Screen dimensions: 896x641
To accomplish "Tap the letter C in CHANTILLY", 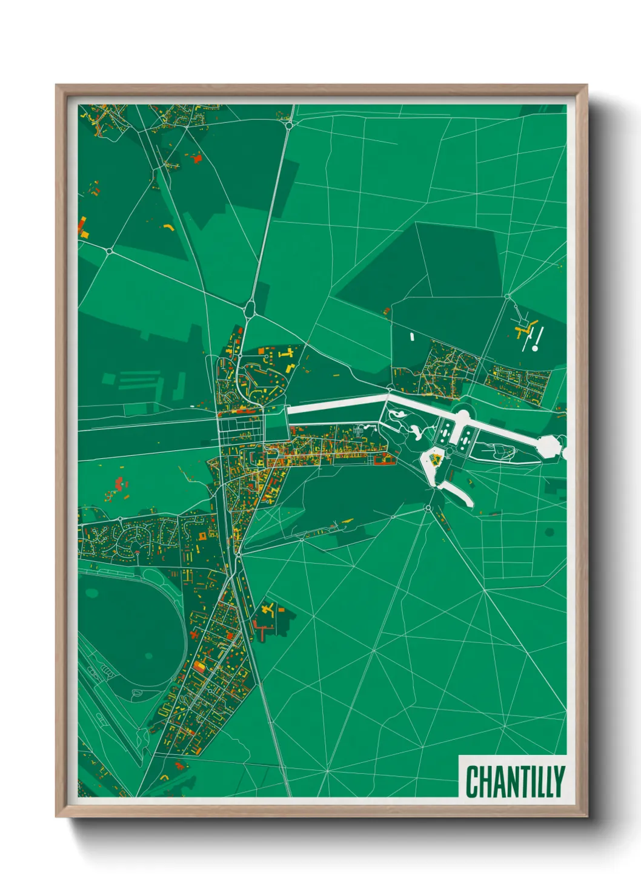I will click(471, 782).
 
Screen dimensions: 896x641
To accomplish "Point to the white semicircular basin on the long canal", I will click(462, 416).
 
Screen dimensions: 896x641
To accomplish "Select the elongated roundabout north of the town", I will click(249, 309).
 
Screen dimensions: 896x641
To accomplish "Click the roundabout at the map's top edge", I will click(290, 125).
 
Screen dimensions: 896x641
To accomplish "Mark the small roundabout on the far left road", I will click(109, 250).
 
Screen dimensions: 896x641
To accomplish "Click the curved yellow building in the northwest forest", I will click(168, 227).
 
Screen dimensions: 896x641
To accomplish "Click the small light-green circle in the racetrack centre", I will click(148, 655).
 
